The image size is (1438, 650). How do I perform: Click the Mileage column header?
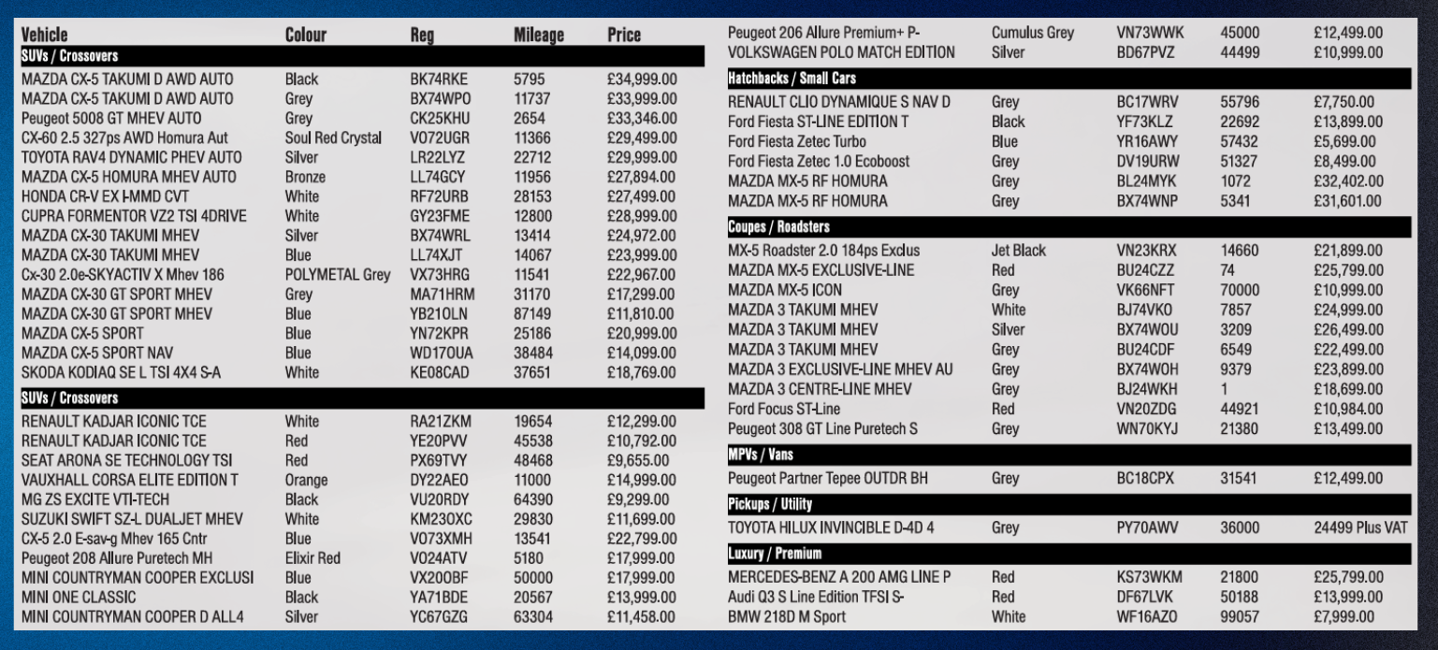[x=539, y=36]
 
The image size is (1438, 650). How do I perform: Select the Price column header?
[x=624, y=36]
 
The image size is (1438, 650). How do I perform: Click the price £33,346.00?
[x=642, y=119]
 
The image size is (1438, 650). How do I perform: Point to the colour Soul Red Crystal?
[x=333, y=138]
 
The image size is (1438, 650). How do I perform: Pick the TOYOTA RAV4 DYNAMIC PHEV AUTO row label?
[x=131, y=157]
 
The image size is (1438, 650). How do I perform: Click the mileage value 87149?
[x=533, y=313]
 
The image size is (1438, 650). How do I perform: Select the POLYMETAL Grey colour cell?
[x=337, y=275]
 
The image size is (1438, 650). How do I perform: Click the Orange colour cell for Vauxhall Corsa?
[x=306, y=481]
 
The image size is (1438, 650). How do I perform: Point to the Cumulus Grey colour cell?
[x=1033, y=33]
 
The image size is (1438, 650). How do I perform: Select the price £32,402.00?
[x=1347, y=181]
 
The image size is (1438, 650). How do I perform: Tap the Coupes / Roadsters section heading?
[x=778, y=227]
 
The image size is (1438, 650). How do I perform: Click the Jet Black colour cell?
[x=1019, y=251]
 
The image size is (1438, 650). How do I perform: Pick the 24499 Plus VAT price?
[x=1359, y=527]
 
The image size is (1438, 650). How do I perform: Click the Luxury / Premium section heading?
[x=774, y=554]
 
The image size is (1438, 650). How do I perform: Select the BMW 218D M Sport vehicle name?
[x=786, y=617]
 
